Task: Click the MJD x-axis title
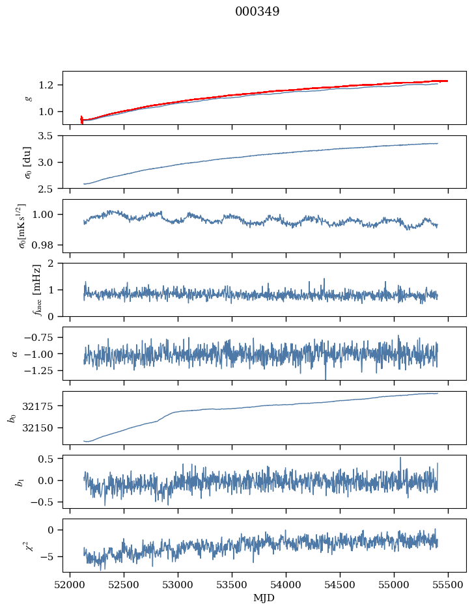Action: coord(264,597)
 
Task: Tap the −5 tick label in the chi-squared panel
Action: coord(49,556)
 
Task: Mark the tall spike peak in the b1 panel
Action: coord(400,457)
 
